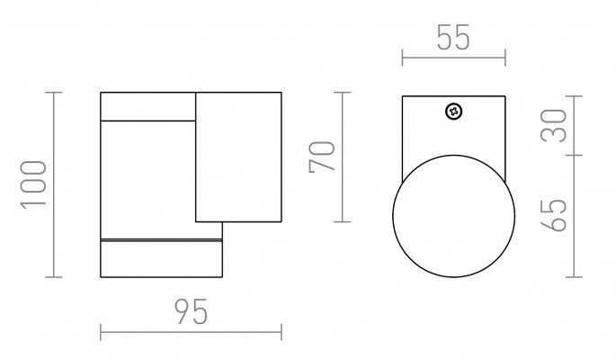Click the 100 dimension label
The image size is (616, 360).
tap(34, 184)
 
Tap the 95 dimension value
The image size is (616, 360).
tap(191, 312)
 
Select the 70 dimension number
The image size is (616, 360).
tap(322, 157)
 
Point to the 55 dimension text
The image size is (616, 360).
tap(453, 37)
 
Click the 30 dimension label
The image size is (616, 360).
tap(554, 126)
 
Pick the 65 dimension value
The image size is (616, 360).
tap(554, 215)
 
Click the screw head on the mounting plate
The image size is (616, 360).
tap(454, 112)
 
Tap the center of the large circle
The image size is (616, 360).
tap(454, 216)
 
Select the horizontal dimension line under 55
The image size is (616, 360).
tap(454, 58)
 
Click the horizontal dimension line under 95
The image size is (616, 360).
tap(191, 332)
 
